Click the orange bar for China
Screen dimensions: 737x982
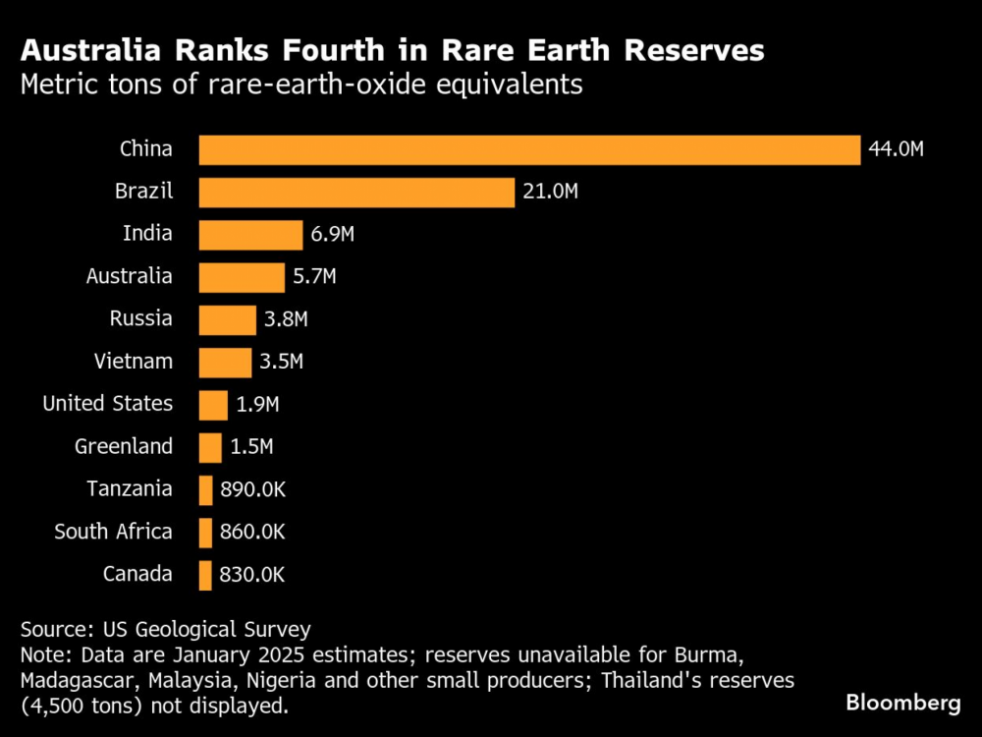530,149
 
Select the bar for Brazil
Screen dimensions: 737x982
356,192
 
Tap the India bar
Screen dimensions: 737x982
250,235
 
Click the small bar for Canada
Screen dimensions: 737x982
205,575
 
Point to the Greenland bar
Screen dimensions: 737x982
210,447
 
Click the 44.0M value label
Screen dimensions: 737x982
897,149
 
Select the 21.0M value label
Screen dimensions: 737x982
550,192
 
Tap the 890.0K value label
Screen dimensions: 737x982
252,489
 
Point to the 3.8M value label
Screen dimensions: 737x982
286,319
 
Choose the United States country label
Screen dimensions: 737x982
107,404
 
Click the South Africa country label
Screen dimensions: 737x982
113,532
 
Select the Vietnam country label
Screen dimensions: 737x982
134,362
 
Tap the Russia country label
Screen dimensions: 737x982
140,319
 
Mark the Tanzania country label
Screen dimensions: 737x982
129,489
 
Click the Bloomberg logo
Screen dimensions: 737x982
902,703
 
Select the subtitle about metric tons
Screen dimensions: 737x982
301,85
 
